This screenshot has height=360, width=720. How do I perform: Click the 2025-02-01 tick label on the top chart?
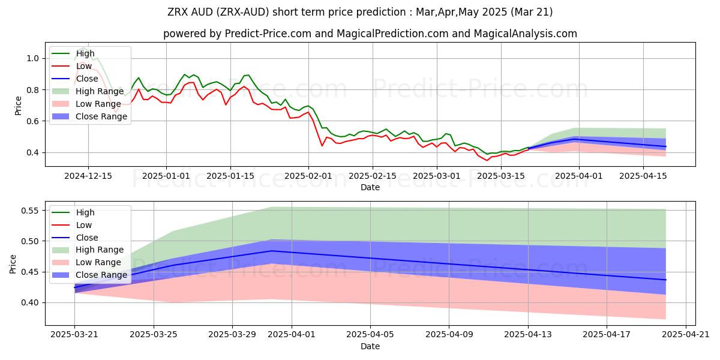(x=308, y=176)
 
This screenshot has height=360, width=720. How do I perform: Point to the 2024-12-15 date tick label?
(x=88, y=176)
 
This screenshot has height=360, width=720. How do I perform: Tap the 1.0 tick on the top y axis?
(x=32, y=58)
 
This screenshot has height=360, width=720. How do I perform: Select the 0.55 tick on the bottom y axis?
(x=29, y=211)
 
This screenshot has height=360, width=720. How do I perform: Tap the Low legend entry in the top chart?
(x=85, y=66)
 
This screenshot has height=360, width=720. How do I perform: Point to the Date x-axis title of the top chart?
(x=370, y=187)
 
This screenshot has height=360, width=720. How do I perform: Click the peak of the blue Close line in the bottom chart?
(x=271, y=251)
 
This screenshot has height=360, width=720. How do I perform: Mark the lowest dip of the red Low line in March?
(x=487, y=160)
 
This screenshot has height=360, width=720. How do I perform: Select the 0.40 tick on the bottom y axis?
(x=29, y=302)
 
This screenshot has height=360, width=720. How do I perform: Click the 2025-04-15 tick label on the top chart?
(x=643, y=176)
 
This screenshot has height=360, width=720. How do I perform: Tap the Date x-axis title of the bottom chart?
(x=370, y=346)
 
